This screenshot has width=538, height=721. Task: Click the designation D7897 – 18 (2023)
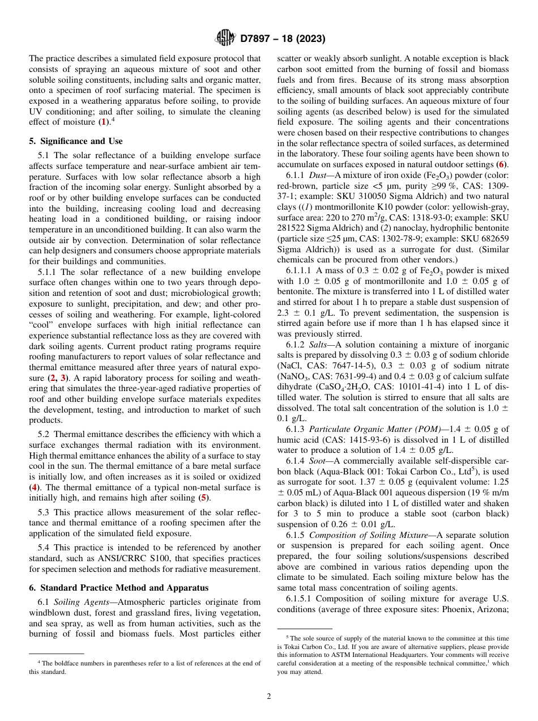(283, 39)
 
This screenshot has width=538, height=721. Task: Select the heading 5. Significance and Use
(75, 141)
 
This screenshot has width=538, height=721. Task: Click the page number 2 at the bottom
(268, 696)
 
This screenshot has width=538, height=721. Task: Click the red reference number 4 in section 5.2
(34, 486)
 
